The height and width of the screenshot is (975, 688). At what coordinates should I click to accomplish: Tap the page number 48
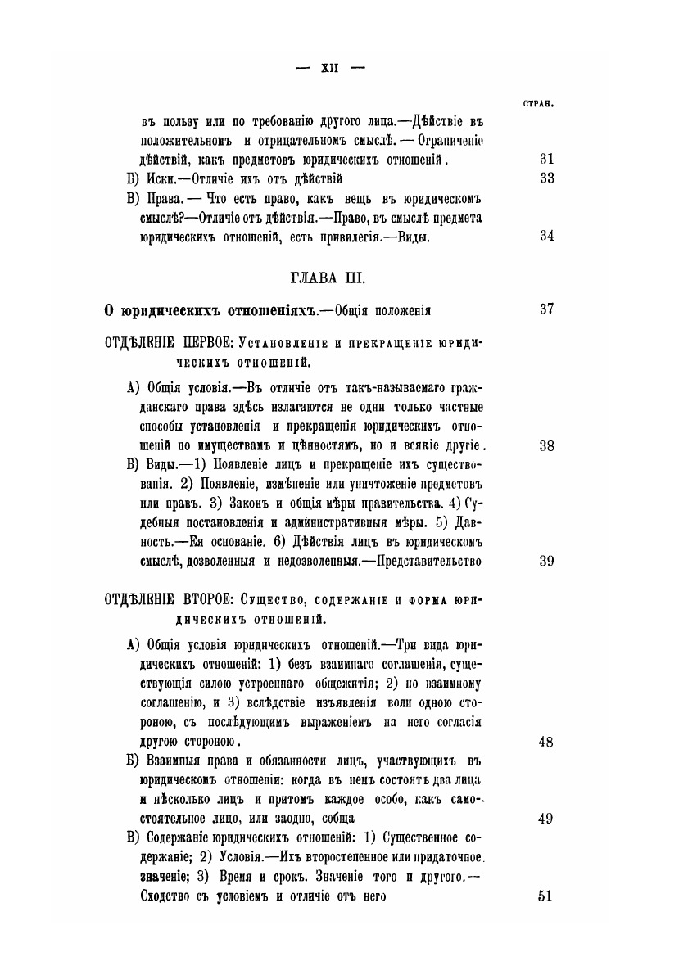coord(547,743)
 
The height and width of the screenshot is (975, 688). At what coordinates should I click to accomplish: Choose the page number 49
coord(547,819)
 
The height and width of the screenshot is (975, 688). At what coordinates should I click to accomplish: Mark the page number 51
coord(547,895)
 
